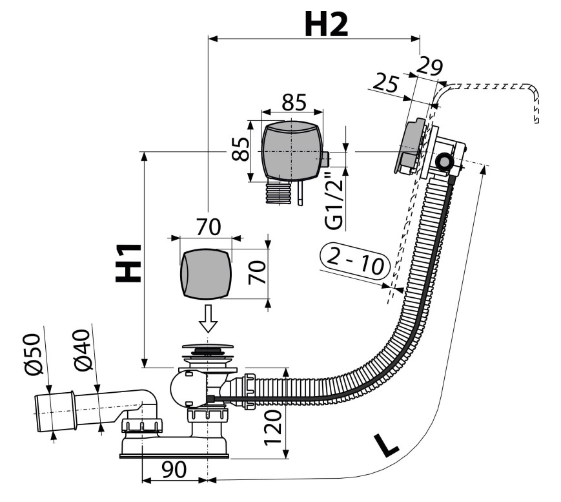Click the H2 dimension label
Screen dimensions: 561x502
click(x=326, y=25)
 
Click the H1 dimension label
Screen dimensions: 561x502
click(x=128, y=263)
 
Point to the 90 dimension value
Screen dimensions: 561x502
click(x=174, y=470)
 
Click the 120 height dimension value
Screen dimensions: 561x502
click(x=273, y=428)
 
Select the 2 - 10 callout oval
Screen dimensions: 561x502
click(x=355, y=262)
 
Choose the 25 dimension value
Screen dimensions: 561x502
click(x=385, y=84)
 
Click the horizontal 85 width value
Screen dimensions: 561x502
click(x=294, y=102)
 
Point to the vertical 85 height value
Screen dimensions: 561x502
click(x=240, y=149)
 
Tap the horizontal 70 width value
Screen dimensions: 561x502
click(x=209, y=227)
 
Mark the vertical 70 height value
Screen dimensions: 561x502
click(x=258, y=273)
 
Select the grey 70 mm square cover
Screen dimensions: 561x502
click(x=205, y=275)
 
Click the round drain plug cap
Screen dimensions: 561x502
click(x=208, y=346)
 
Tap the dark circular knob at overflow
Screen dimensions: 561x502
click(x=444, y=162)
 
